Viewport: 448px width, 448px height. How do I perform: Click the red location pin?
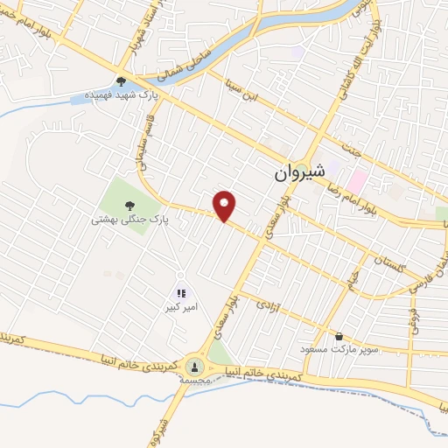(x=225, y=205)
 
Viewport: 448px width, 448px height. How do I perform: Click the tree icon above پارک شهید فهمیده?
(x=121, y=81)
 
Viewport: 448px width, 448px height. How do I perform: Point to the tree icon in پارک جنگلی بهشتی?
(x=129, y=207)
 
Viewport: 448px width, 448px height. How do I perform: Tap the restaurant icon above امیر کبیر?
(x=181, y=295)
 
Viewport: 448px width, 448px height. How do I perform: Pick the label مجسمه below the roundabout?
(x=194, y=381)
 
